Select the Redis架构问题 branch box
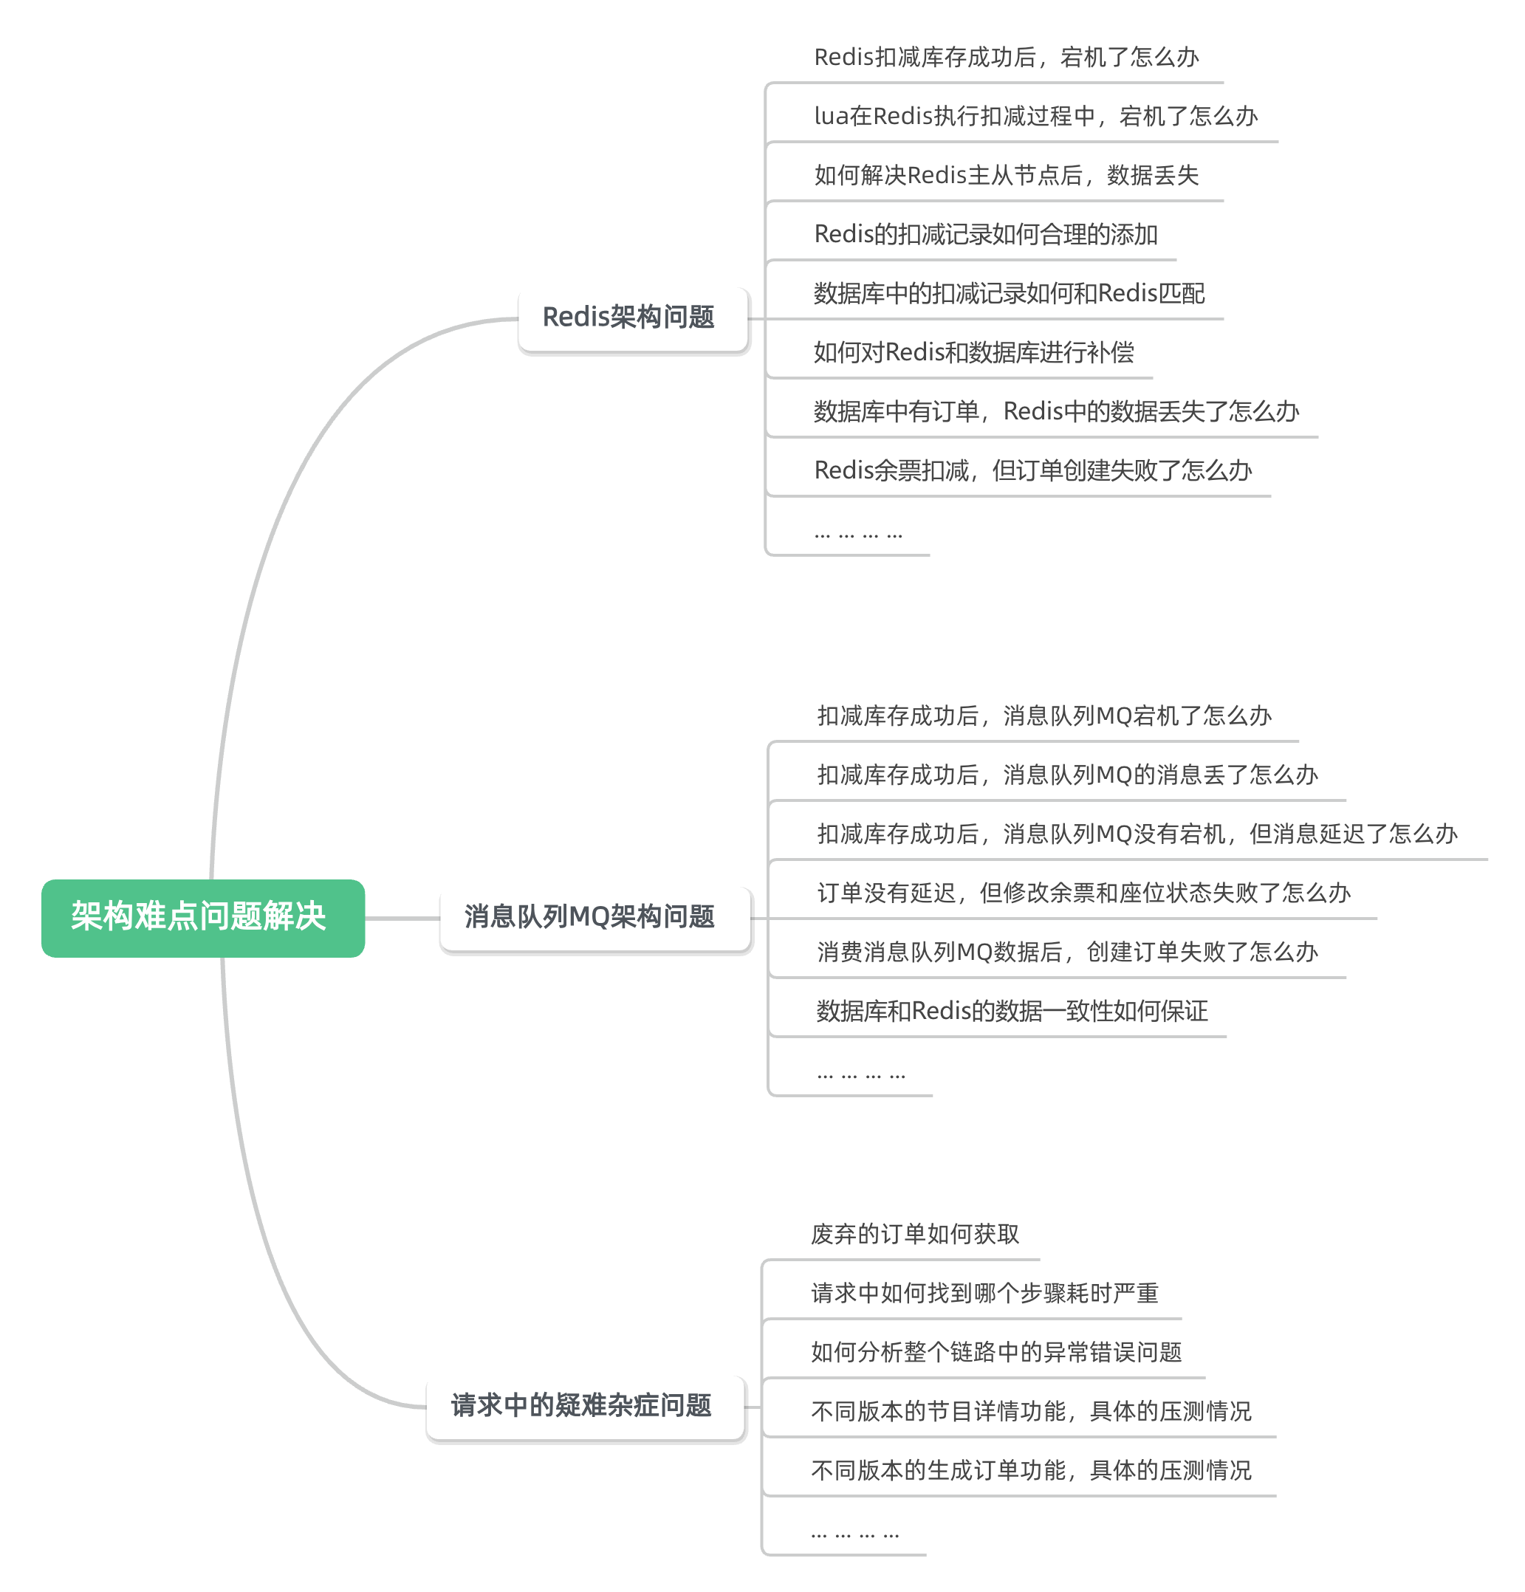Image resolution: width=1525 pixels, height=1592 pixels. tap(632, 318)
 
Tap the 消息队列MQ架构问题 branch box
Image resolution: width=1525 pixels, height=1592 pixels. tap(594, 918)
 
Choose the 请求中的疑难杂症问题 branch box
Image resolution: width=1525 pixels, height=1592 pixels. tap(584, 1407)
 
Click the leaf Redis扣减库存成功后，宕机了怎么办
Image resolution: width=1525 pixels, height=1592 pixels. tap(1006, 58)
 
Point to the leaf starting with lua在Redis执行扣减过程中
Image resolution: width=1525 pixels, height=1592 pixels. tap(1035, 117)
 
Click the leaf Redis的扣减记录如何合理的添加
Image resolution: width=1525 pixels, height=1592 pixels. tap(985, 235)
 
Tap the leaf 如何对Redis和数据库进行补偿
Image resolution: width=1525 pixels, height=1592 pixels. tap(973, 352)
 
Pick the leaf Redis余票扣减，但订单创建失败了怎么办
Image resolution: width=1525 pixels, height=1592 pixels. tap(1032, 471)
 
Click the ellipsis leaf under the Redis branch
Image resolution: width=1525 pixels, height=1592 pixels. tap(858, 534)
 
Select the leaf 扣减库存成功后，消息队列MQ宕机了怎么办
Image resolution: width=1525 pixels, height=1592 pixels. tap(1043, 716)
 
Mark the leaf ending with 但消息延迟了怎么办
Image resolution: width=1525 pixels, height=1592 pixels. tap(1136, 834)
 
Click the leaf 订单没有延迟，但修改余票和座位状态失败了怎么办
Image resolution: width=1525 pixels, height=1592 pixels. tap(1083, 893)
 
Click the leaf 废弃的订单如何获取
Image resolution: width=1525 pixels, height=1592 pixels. tap(914, 1235)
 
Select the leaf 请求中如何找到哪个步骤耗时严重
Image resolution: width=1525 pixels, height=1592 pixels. tap(984, 1294)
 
